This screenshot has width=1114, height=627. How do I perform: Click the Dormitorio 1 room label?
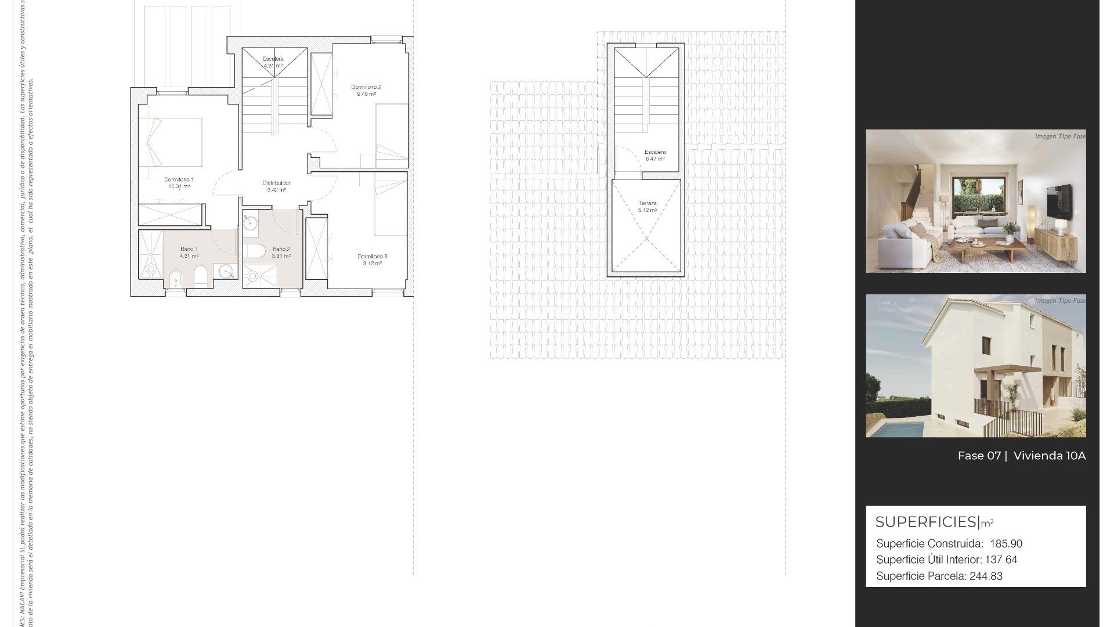[179, 180]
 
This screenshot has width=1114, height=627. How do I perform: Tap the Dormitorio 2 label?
[366, 88]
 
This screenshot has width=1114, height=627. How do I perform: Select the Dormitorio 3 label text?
[372, 257]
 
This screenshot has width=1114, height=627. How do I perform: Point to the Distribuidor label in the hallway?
[276, 183]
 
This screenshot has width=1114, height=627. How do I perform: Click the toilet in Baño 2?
[254, 251]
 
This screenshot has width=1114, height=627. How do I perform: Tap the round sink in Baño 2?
[251, 225]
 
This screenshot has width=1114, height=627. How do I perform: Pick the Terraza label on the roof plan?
[648, 203]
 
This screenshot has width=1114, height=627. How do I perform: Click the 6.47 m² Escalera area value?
[655, 159]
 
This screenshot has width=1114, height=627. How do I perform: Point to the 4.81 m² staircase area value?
[273, 66]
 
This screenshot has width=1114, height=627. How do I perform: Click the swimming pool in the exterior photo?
[896, 429]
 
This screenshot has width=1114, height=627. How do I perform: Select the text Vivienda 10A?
[1049, 456]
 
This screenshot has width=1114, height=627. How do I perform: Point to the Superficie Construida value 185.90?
[1006, 544]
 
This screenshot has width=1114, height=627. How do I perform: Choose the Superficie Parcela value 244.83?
[986, 576]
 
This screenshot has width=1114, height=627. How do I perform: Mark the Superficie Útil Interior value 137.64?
[1001, 560]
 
